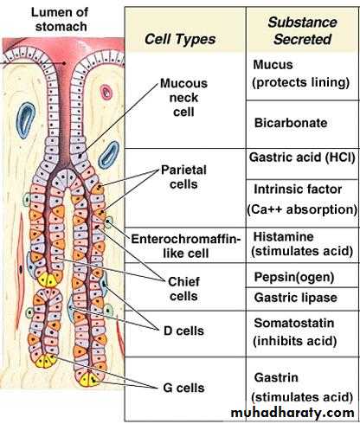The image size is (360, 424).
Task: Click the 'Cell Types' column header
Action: pyautogui.click(x=180, y=39)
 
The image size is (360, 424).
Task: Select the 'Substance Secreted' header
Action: pyautogui.click(x=302, y=30)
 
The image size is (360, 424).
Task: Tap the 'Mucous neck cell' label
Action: pyautogui.click(x=183, y=98)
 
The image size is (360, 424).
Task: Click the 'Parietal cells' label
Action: pyautogui.click(x=183, y=177)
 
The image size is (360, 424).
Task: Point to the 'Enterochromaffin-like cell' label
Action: pyautogui.click(x=186, y=246)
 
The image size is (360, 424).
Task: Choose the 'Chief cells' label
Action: pyautogui.click(x=183, y=289)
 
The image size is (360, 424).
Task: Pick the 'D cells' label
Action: pyautogui.click(x=183, y=331)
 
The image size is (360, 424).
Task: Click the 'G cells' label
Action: pyautogui.click(x=183, y=388)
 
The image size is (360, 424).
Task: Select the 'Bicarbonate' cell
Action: pyautogui.click(x=291, y=123)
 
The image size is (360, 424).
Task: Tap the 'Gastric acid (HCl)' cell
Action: pyautogui.click(x=302, y=157)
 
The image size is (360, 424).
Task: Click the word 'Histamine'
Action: pyautogui.click(x=284, y=237)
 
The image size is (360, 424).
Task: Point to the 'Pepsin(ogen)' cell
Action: pyautogui.click(x=294, y=277)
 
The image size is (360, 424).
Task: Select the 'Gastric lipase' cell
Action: pyautogui.click(x=296, y=298)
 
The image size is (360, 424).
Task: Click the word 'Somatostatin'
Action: pyautogui.click(x=294, y=323)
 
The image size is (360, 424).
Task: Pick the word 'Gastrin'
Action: pyautogui.click(x=276, y=377)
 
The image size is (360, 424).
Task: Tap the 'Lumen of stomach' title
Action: pyautogui.click(x=61, y=19)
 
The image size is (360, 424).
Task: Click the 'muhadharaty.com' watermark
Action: pyautogui.click(x=292, y=413)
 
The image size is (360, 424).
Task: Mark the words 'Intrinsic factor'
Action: pyautogui.click(x=298, y=190)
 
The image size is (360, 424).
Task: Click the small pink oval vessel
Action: pyautogui.click(x=106, y=93)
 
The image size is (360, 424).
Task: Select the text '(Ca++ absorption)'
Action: pyautogui.click(x=302, y=209)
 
